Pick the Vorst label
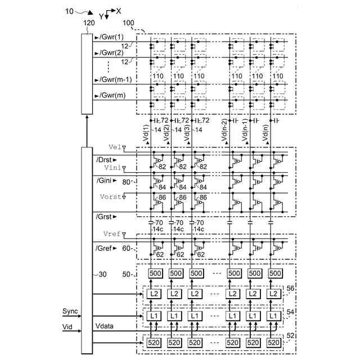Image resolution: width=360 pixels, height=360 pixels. pyautogui.click(x=111, y=196)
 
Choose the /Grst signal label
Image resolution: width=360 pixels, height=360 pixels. pyautogui.click(x=106, y=215)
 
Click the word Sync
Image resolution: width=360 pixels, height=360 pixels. pyautogui.click(x=70, y=312)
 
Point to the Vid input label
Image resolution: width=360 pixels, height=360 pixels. pyautogui.click(x=67, y=326)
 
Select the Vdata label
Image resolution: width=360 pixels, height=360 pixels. pyautogui.click(x=106, y=326)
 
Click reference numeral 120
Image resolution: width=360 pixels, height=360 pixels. pyautogui.click(x=88, y=23)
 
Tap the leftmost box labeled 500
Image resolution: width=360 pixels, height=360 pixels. pyautogui.click(x=154, y=273)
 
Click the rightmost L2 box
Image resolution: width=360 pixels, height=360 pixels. pyautogui.click(x=274, y=294)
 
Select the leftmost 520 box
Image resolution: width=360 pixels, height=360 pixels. pyautogui.click(x=154, y=342)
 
